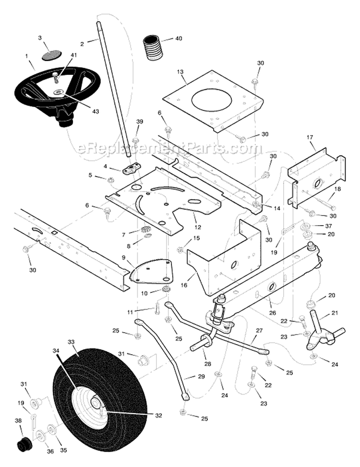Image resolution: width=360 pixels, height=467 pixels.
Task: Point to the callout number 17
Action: [x=310, y=137]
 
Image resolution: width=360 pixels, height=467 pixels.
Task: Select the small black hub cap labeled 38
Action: [x=22, y=445]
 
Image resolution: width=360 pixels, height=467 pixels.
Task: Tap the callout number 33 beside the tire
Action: [x=71, y=342]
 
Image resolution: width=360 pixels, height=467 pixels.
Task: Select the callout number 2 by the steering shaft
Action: [x=82, y=43]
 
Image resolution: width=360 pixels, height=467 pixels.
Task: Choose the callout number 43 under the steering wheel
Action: [x=96, y=111]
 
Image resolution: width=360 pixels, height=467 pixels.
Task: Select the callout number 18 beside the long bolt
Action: [x=337, y=189]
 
